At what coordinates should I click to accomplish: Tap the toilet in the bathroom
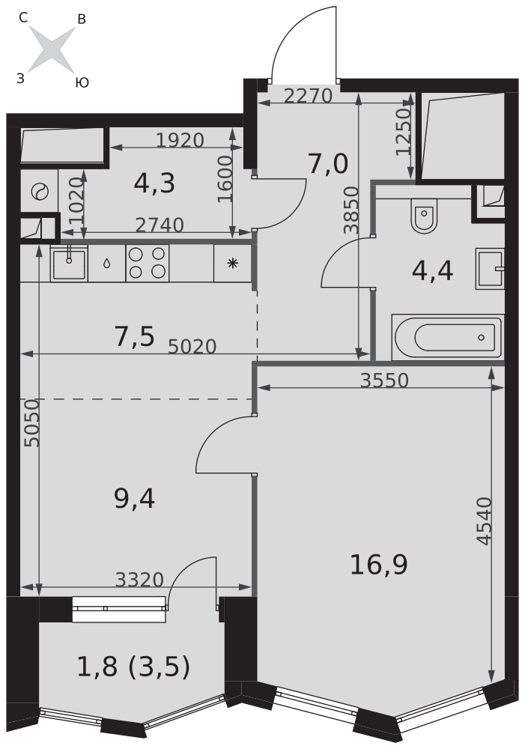coord(423,217)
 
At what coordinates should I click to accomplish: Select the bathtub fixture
coord(446,337)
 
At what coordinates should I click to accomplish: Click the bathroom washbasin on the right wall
coord(490,268)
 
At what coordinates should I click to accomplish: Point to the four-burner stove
coord(147,263)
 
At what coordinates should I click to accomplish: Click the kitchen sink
coord(69,263)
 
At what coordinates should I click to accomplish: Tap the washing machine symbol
coord(38,192)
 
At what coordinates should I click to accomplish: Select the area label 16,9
coord(378,565)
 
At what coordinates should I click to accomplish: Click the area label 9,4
coord(134,497)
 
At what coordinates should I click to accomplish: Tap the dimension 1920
coord(180,140)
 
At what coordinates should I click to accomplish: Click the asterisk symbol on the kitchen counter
coord(232,263)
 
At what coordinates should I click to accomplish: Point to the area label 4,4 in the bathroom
coord(432,270)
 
